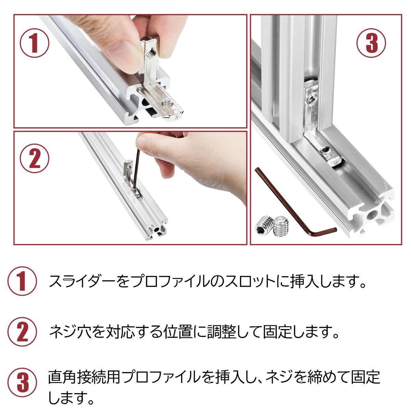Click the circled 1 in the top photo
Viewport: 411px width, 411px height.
tap(34, 43)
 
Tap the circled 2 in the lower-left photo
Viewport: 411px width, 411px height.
tap(34, 159)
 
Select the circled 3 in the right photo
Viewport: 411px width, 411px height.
tap(371, 43)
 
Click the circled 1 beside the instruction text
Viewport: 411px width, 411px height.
tap(22, 281)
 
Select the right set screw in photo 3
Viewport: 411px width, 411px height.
tap(281, 225)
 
